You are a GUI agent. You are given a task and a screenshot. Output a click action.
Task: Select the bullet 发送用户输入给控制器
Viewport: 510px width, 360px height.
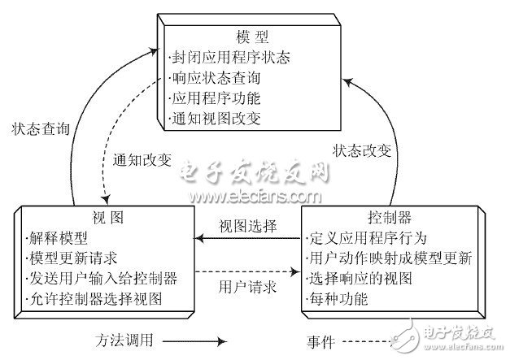coord(97,278)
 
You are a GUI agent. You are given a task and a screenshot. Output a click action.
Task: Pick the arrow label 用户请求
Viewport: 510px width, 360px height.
coord(247,287)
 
